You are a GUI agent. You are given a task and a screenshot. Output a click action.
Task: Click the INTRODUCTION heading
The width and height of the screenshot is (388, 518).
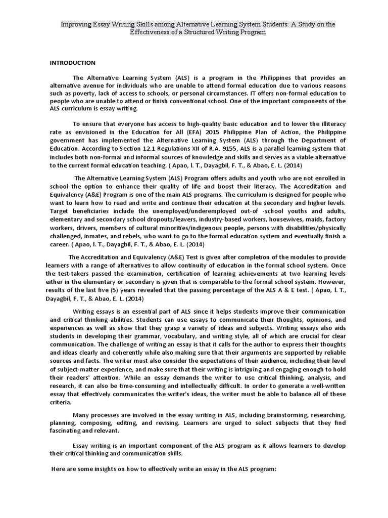click(x=72, y=63)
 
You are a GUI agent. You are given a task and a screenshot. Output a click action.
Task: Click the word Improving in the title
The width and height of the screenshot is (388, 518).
click(x=76, y=24)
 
